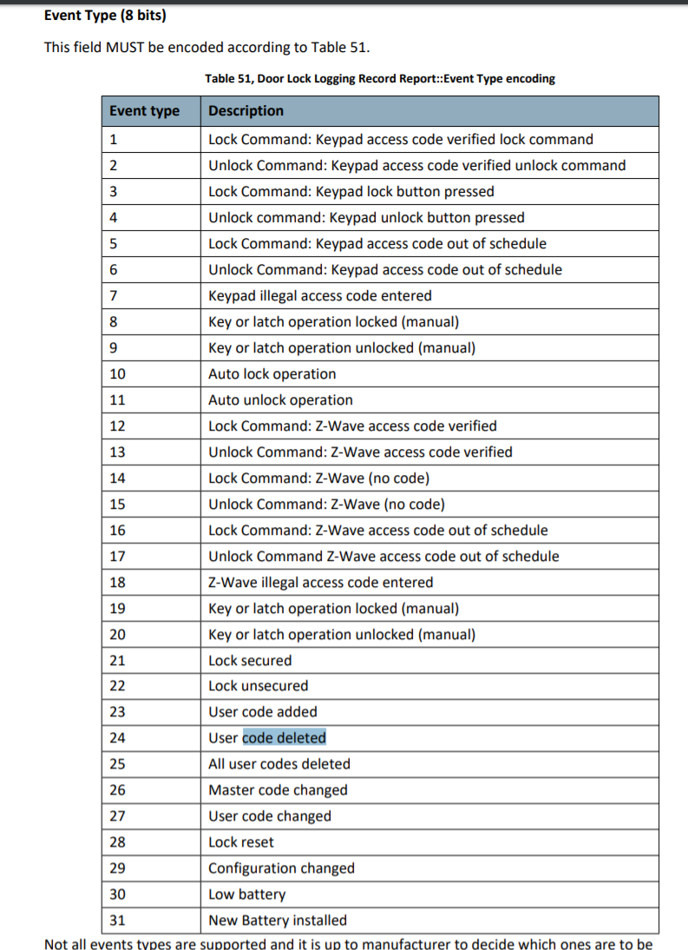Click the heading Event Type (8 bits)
105,16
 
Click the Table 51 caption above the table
380,78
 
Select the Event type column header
144,111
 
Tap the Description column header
246,111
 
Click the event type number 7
114,296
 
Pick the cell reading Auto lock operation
272,374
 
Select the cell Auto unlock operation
280,400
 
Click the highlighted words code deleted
284,738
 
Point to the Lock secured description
250,661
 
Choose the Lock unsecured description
258,686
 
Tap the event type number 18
117,583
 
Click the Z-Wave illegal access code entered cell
320,583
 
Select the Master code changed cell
278,790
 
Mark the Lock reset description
240,842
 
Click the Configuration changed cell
281,868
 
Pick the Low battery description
246,894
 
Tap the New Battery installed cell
277,920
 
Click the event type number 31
117,920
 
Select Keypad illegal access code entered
319,296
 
